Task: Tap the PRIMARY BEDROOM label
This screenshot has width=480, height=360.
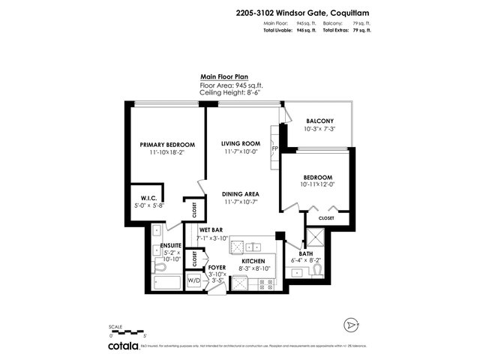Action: (x=167, y=145)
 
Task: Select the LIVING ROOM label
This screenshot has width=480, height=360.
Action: (x=241, y=144)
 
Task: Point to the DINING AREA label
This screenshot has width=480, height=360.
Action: (x=241, y=194)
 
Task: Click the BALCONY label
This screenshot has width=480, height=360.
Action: (x=319, y=121)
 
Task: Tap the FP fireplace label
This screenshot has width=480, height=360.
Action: (x=274, y=148)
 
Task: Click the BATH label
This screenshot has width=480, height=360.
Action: (x=304, y=254)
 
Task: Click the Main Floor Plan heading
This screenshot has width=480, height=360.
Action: (x=225, y=76)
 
